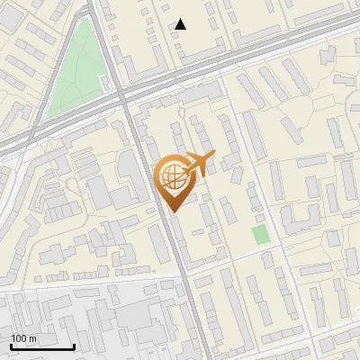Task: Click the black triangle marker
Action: (x=181, y=25)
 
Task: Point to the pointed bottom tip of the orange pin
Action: (x=172, y=212)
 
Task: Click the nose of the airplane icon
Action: (x=213, y=156)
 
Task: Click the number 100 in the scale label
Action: (x=18, y=338)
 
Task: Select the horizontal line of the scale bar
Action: (x=42, y=347)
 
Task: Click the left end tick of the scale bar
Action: (x=11, y=346)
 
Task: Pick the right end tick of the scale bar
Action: (x=74, y=346)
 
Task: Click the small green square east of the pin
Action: (x=261, y=235)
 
